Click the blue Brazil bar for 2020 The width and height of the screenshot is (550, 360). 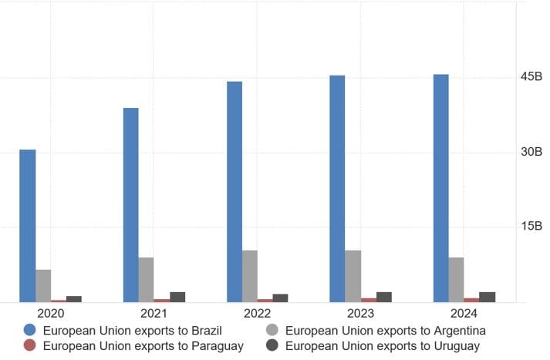28,226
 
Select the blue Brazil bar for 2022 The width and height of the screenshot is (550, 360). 235,192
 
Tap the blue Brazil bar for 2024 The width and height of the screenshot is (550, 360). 441,188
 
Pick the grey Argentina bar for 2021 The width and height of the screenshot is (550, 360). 147,280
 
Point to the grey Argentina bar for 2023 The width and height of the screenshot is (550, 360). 353,276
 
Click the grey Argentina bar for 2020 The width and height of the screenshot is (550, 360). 43,286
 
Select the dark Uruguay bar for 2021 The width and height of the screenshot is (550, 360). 177,297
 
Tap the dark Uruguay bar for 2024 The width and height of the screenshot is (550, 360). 488,297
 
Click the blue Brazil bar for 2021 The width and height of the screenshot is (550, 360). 131,205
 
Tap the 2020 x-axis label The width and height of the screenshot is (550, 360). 51,314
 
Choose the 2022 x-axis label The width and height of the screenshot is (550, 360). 258,314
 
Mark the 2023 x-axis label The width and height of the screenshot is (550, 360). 361,314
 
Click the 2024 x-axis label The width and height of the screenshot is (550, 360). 464,314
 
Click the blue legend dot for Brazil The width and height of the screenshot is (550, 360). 29,331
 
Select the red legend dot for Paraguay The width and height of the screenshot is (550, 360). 29,346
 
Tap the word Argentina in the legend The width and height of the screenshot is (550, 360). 458,331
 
